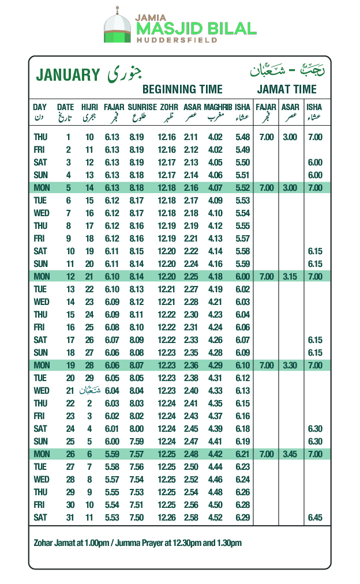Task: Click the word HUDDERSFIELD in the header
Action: click(x=177, y=41)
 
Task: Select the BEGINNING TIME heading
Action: click(x=182, y=89)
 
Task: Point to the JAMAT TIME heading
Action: click(x=287, y=89)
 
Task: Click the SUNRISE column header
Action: click(x=142, y=107)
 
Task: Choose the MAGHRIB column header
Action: click(x=217, y=107)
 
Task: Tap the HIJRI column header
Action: click(x=89, y=107)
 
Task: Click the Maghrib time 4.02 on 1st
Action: click(x=215, y=137)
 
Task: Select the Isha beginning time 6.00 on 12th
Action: click(x=243, y=277)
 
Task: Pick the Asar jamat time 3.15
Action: click(x=290, y=277)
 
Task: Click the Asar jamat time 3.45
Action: click(x=290, y=454)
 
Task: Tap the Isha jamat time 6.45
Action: click(x=315, y=518)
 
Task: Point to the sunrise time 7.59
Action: click(x=136, y=442)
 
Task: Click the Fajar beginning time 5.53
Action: click(x=111, y=518)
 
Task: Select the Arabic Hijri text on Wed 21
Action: click(x=89, y=391)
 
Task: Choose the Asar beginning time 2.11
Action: click(x=191, y=137)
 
